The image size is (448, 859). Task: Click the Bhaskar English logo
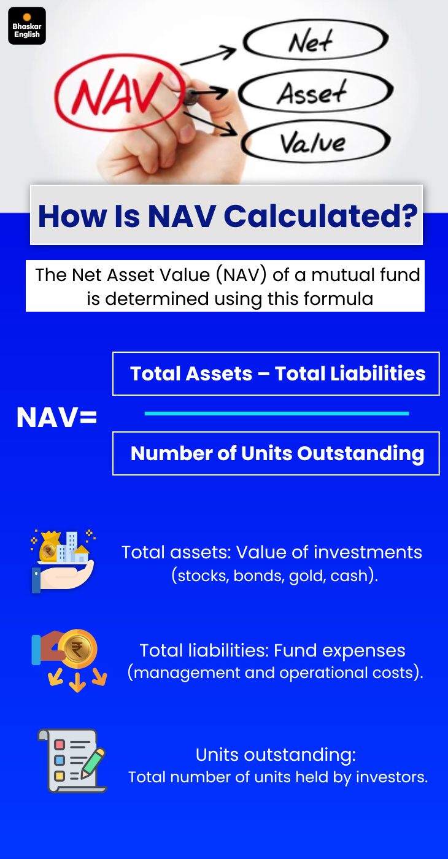click(x=27, y=26)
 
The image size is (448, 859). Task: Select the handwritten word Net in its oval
click(x=312, y=42)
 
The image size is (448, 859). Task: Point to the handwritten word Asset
click(x=312, y=93)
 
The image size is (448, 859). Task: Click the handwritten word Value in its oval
click(x=314, y=143)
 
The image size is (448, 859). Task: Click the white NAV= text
click(x=56, y=418)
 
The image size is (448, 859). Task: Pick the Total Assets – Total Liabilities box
click(x=276, y=374)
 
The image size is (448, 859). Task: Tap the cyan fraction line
click(x=276, y=414)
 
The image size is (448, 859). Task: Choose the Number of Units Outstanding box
click(x=276, y=453)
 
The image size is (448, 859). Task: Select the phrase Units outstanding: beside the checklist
click(x=276, y=754)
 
